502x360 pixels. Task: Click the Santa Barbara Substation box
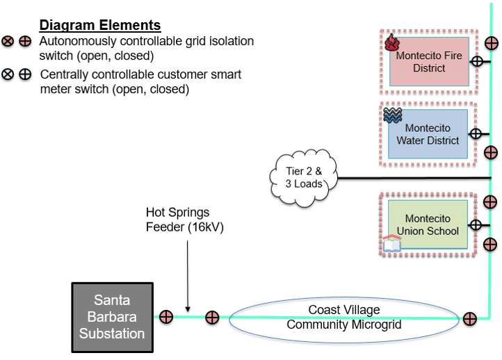click(x=113, y=318)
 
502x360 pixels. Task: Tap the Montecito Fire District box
click(x=429, y=61)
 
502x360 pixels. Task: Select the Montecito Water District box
click(x=428, y=134)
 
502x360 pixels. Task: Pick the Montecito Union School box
click(x=428, y=224)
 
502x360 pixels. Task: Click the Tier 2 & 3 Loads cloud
click(x=303, y=178)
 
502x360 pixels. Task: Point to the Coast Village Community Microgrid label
click(x=344, y=317)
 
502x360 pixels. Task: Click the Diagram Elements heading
click(x=100, y=25)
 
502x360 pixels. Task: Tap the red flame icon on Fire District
click(x=392, y=42)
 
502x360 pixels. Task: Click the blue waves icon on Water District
click(x=393, y=115)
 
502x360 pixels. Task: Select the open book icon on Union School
click(x=392, y=244)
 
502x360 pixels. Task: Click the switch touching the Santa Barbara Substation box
click(x=166, y=317)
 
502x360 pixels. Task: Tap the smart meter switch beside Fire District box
click(x=477, y=61)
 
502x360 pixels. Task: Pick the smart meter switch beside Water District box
click(x=476, y=134)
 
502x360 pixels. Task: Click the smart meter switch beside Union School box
click(x=476, y=225)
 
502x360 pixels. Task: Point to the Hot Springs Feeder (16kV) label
click(x=185, y=220)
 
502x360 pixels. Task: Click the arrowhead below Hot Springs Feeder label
click(x=188, y=309)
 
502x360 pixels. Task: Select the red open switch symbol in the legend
click(x=8, y=41)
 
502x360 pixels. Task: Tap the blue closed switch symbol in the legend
click(x=25, y=74)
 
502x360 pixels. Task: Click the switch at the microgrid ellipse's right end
click(x=469, y=319)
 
